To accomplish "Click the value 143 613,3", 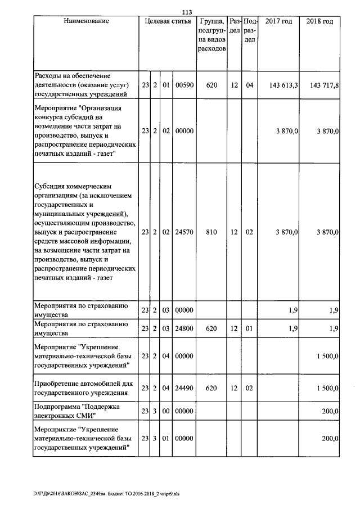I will pyautogui.click(x=279, y=85).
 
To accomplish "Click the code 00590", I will pyautogui.click(x=184, y=85).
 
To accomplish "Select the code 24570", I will pyautogui.click(x=184, y=231).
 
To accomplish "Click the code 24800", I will pyautogui.click(x=184, y=327).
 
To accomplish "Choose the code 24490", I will pyautogui.click(x=184, y=388).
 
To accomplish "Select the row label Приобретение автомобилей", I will pyautogui.click(x=83, y=388).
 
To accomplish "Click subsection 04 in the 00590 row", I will pyautogui.click(x=250, y=85).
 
